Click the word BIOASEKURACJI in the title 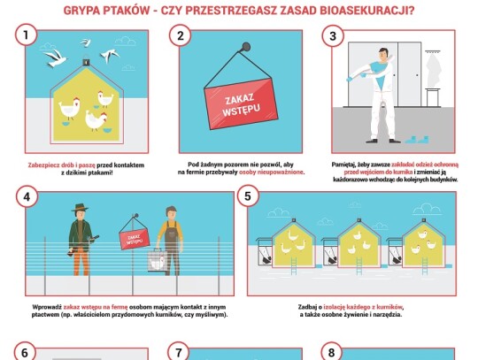coord(367,10)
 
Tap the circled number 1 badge coord(26,35)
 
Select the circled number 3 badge coord(333,36)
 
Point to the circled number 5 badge coord(248,196)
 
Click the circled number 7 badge coord(179,352)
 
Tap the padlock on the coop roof coord(87,61)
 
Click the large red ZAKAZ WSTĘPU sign coord(241,103)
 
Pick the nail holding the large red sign coord(245,47)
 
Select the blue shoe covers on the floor coord(416,140)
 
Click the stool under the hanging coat coord(433,97)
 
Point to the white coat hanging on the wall coord(434,70)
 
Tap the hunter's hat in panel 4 coord(80,208)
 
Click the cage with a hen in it coord(158,260)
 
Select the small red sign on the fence coord(135,240)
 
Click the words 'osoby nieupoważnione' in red coord(272,172)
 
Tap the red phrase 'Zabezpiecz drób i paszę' coord(62,165)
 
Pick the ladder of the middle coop coord(359,266)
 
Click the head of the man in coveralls coord(384,55)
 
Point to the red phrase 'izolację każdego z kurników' coord(363,307)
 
